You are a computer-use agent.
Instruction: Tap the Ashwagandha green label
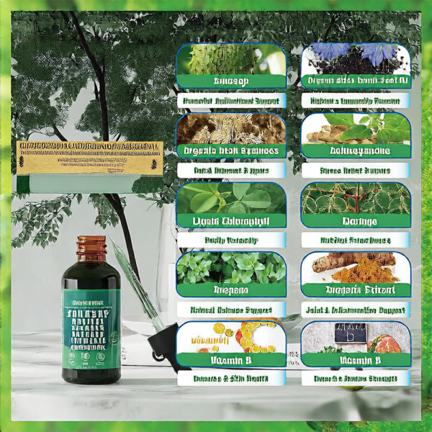coord(356,151)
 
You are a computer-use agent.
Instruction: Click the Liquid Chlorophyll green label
coord(230,220)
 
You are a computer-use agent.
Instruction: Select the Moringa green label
coord(356,220)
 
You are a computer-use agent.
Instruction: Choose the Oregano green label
coord(230,289)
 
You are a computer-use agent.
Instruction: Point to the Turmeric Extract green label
coord(356,289)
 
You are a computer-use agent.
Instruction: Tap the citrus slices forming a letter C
coord(252,337)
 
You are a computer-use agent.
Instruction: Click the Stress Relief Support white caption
coord(356,171)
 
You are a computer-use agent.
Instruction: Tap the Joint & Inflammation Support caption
coord(356,310)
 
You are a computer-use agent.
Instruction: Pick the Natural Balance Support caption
coord(230,310)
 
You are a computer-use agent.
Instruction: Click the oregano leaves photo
coord(230,267)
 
